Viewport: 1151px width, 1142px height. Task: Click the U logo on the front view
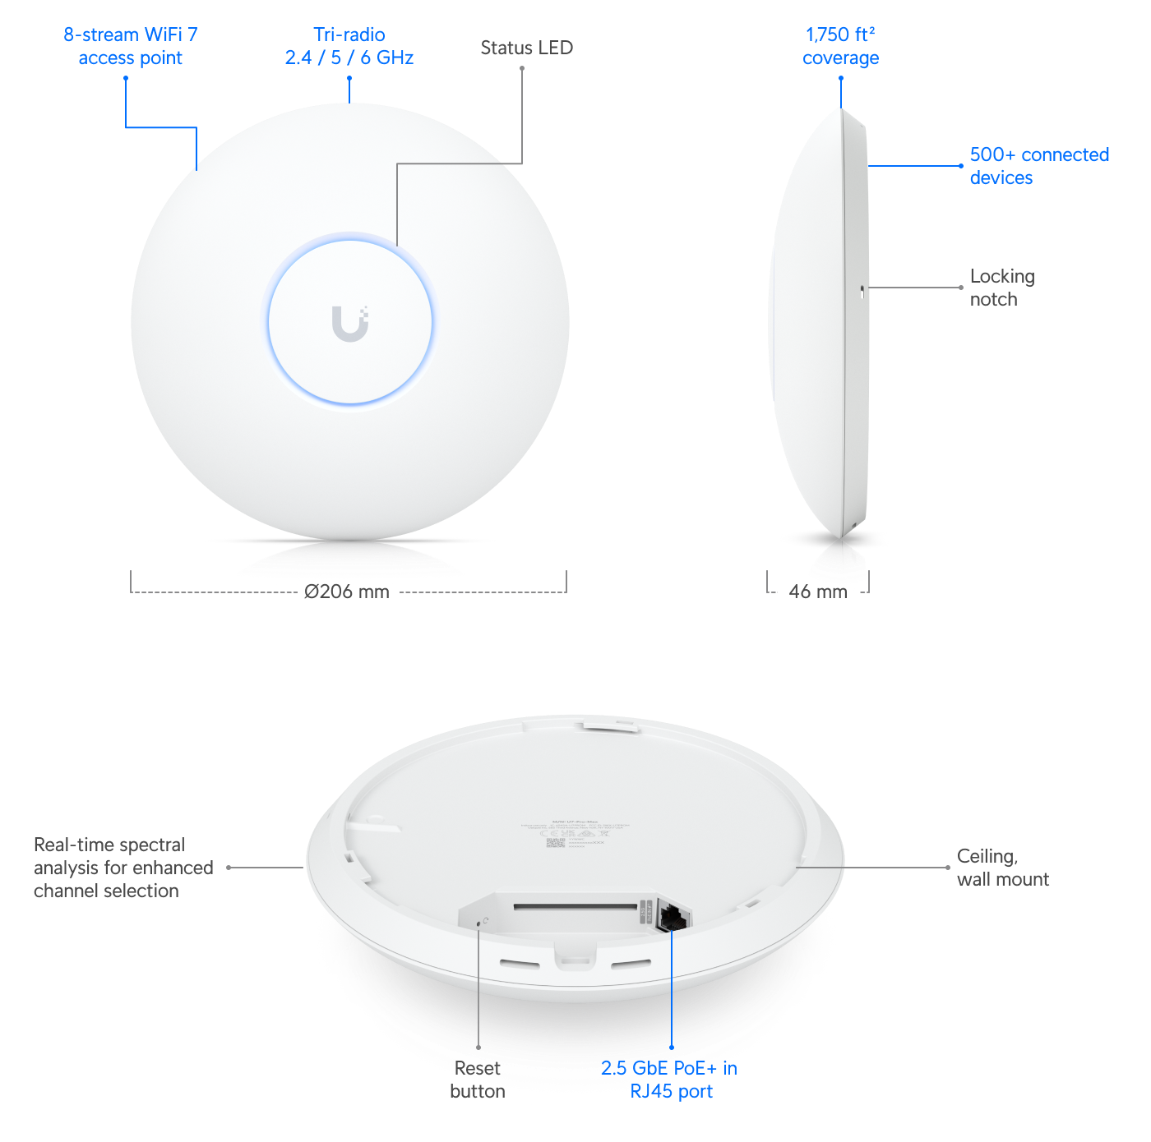[x=350, y=323]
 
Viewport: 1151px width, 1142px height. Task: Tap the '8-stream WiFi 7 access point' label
[x=131, y=46]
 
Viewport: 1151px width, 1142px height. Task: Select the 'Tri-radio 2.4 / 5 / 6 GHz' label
[x=349, y=46]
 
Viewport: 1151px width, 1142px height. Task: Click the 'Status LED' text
[x=526, y=48]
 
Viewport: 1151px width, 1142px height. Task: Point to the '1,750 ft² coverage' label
[x=840, y=46]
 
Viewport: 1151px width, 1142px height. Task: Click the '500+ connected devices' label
[x=1038, y=166]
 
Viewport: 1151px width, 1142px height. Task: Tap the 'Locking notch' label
[x=1001, y=288]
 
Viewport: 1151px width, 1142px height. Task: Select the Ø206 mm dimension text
[x=347, y=590]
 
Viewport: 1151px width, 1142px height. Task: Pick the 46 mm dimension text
[x=818, y=591]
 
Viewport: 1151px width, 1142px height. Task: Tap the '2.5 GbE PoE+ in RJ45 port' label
[x=669, y=1079]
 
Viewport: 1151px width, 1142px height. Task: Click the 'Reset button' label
[x=477, y=1079]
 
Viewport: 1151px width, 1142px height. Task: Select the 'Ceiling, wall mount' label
[x=1002, y=868]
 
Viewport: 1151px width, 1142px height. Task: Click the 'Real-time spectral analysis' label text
[x=123, y=868]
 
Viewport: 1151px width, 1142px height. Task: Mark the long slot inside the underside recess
[x=575, y=908]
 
